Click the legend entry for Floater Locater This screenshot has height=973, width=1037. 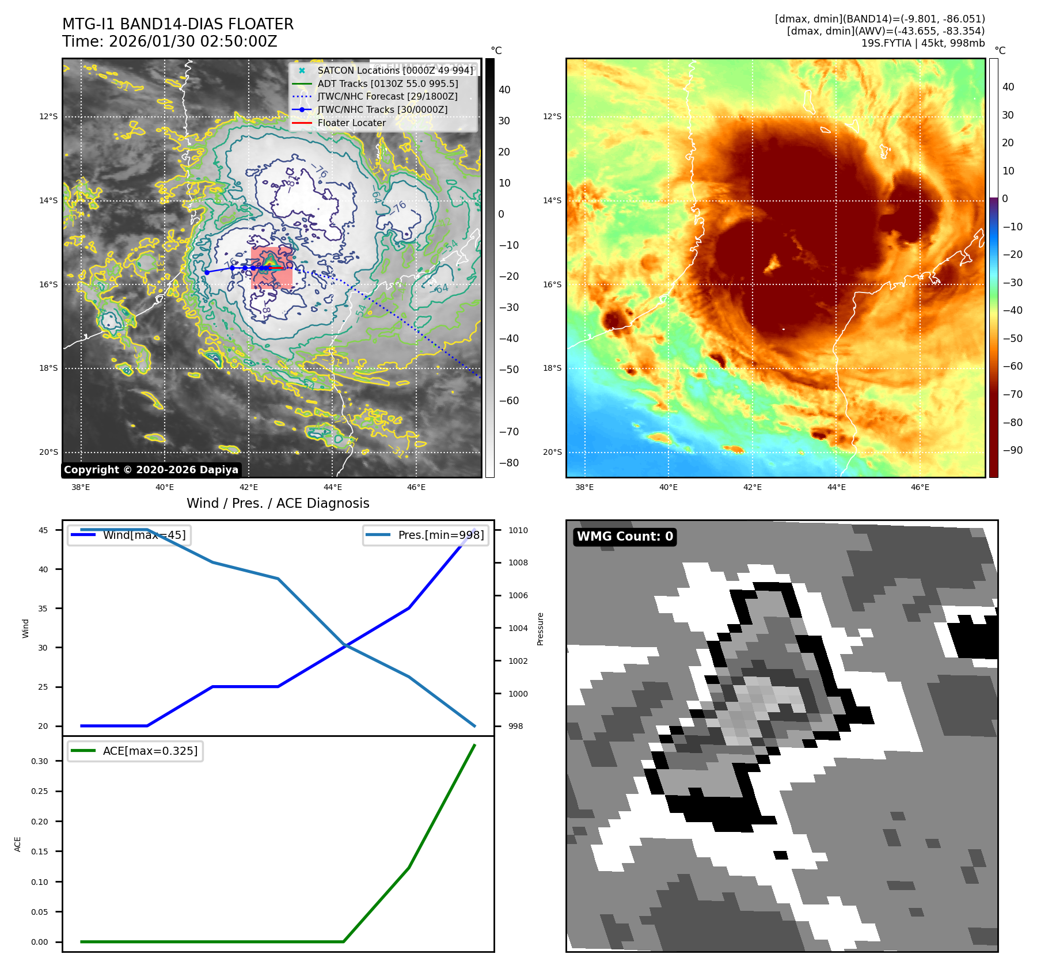[x=351, y=123]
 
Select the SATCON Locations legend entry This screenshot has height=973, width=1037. [x=395, y=70]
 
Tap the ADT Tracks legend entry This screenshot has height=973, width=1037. [x=388, y=83]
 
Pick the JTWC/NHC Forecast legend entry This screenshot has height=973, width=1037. [x=387, y=97]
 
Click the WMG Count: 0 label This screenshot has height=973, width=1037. [x=625, y=537]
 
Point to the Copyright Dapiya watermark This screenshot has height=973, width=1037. [x=151, y=470]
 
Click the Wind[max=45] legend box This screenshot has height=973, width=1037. [x=130, y=535]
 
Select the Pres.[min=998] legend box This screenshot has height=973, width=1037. [x=426, y=535]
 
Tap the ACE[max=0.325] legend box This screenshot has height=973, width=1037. [x=135, y=751]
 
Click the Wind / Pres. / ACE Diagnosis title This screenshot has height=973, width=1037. [x=278, y=503]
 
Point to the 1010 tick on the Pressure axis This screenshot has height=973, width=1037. [x=518, y=530]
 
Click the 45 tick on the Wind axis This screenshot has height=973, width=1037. [x=43, y=530]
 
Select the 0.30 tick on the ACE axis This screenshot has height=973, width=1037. [x=40, y=761]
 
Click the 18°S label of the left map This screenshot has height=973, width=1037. [x=48, y=368]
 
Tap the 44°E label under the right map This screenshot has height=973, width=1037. [x=836, y=487]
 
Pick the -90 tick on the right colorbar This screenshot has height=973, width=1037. [x=1012, y=450]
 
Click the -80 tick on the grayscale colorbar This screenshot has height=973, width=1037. [x=508, y=463]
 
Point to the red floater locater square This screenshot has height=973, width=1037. [x=272, y=268]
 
